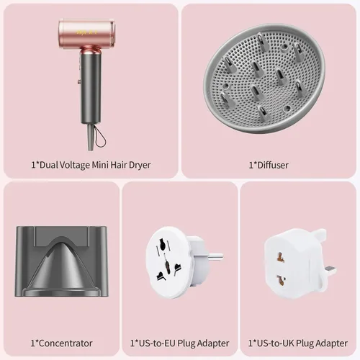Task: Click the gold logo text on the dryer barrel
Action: coord(87,32)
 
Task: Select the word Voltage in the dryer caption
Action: coord(74,165)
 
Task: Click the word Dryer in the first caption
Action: coord(140,165)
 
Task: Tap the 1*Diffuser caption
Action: coord(269,165)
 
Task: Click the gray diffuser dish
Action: coord(264,78)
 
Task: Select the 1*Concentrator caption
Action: coord(61,343)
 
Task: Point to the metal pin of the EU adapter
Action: coord(215,257)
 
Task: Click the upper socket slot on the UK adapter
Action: coord(280,257)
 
